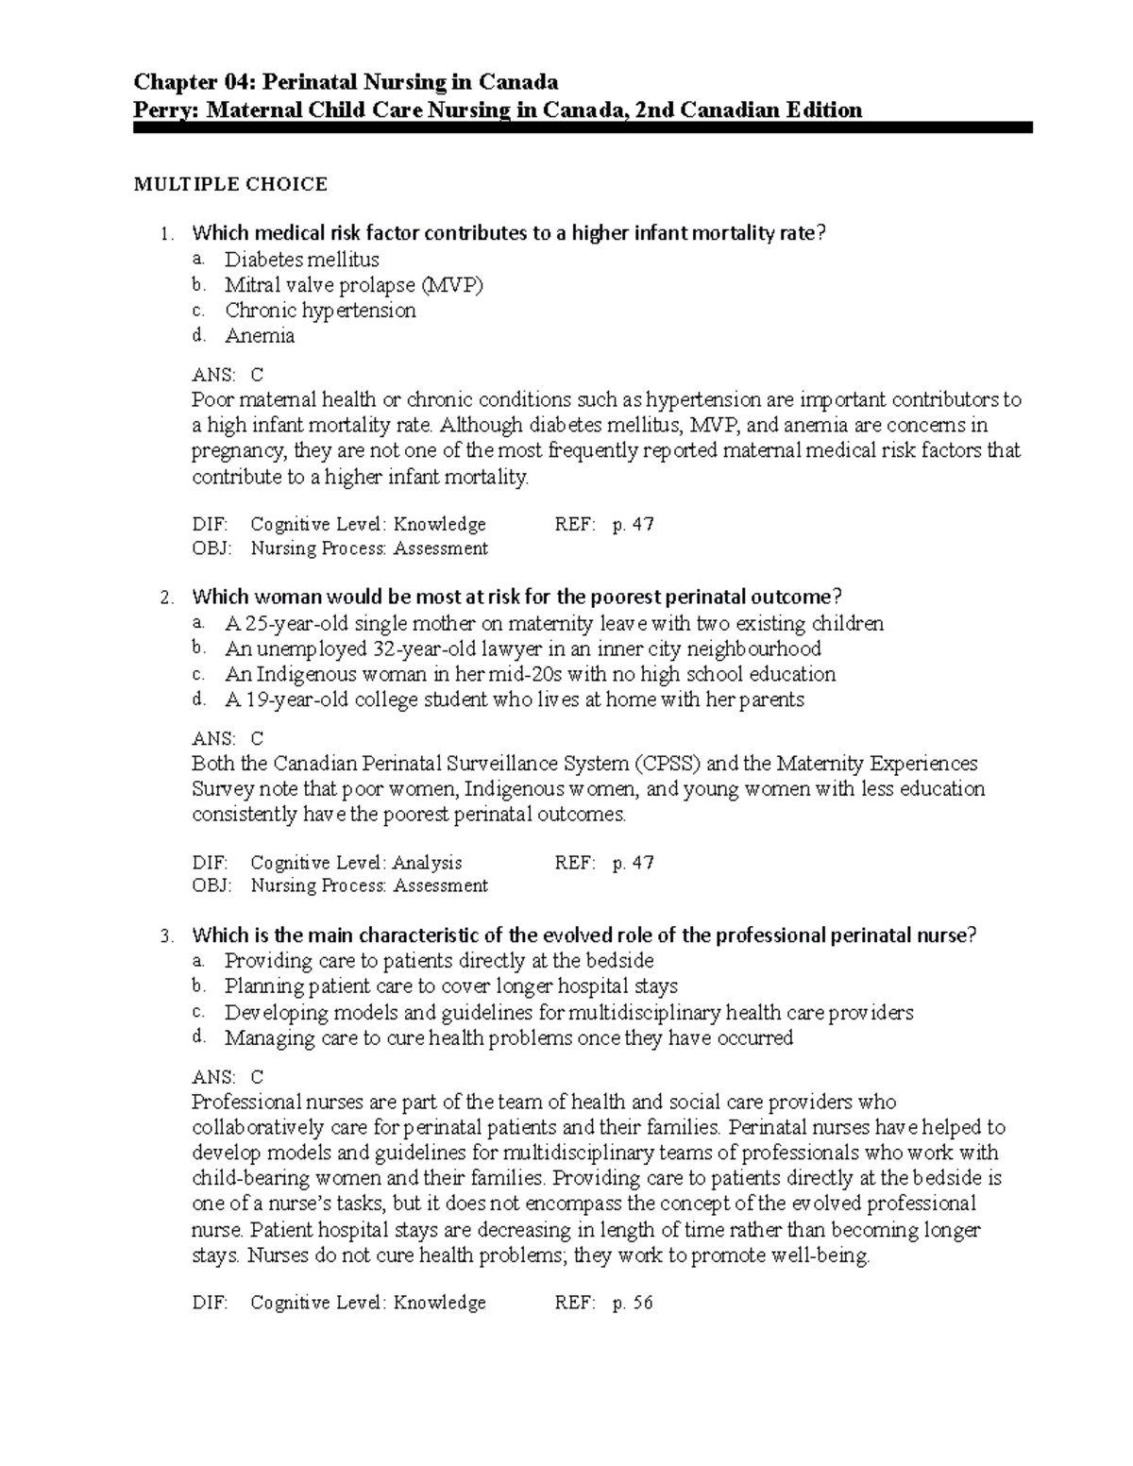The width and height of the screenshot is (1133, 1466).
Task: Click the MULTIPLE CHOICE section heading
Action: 230,184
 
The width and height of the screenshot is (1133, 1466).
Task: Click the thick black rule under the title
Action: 583,127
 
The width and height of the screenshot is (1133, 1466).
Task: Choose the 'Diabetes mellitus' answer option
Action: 301,260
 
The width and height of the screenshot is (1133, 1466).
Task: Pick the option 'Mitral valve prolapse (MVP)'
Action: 353,285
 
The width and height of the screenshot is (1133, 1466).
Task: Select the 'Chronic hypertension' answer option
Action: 320,311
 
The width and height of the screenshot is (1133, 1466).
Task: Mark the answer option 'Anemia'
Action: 260,336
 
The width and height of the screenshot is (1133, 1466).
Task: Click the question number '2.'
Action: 167,598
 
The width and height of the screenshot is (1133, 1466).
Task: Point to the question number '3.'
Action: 167,936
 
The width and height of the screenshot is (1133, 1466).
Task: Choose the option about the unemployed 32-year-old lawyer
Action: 522,649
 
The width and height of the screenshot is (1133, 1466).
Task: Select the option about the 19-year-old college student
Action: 514,699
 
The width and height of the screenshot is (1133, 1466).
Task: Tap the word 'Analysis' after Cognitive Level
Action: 428,862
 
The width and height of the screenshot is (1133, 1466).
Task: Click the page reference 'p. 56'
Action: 633,1304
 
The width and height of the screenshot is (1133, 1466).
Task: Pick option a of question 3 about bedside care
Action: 439,961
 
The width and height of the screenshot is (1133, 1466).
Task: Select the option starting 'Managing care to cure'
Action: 508,1038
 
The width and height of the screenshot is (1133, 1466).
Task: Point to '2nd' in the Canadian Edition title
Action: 655,110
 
